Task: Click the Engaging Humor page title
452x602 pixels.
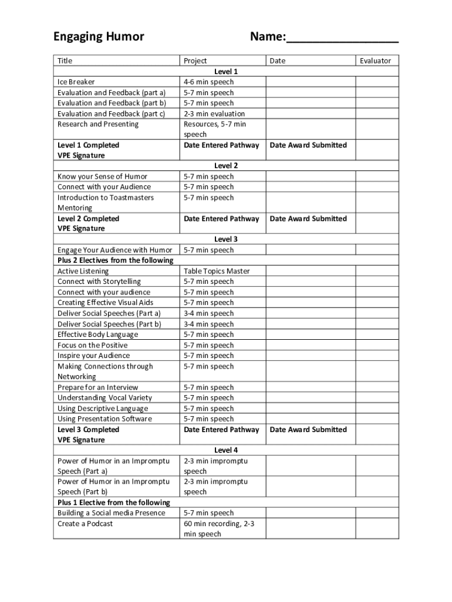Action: pyautogui.click(x=99, y=37)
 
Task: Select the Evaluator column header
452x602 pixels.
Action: pyautogui.click(x=375, y=61)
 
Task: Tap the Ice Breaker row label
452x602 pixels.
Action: pyautogui.click(x=76, y=82)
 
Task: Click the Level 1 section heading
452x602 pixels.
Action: pyautogui.click(x=226, y=71)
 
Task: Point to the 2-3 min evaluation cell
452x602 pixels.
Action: pyautogui.click(x=214, y=113)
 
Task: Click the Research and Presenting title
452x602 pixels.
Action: pyautogui.click(x=98, y=124)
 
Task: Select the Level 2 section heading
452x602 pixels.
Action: pyautogui.click(x=226, y=166)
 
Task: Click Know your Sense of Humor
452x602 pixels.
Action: pyautogui.click(x=102, y=176)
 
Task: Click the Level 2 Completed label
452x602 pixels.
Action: pyautogui.click(x=88, y=219)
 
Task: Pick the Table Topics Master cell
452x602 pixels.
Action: pyautogui.click(x=217, y=271)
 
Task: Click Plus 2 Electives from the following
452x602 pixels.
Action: pyautogui.click(x=115, y=260)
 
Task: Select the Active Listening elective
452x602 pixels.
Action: pyautogui.click(x=83, y=271)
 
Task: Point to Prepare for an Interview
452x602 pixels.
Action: pyautogui.click(x=98, y=387)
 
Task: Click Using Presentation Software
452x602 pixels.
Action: pyautogui.click(x=104, y=419)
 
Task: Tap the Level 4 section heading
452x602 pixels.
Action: pyautogui.click(x=226, y=450)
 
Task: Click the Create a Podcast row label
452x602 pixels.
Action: pyautogui.click(x=85, y=523)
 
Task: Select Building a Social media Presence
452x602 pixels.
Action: pyautogui.click(x=112, y=513)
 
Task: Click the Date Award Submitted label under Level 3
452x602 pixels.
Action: pyautogui.click(x=308, y=429)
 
